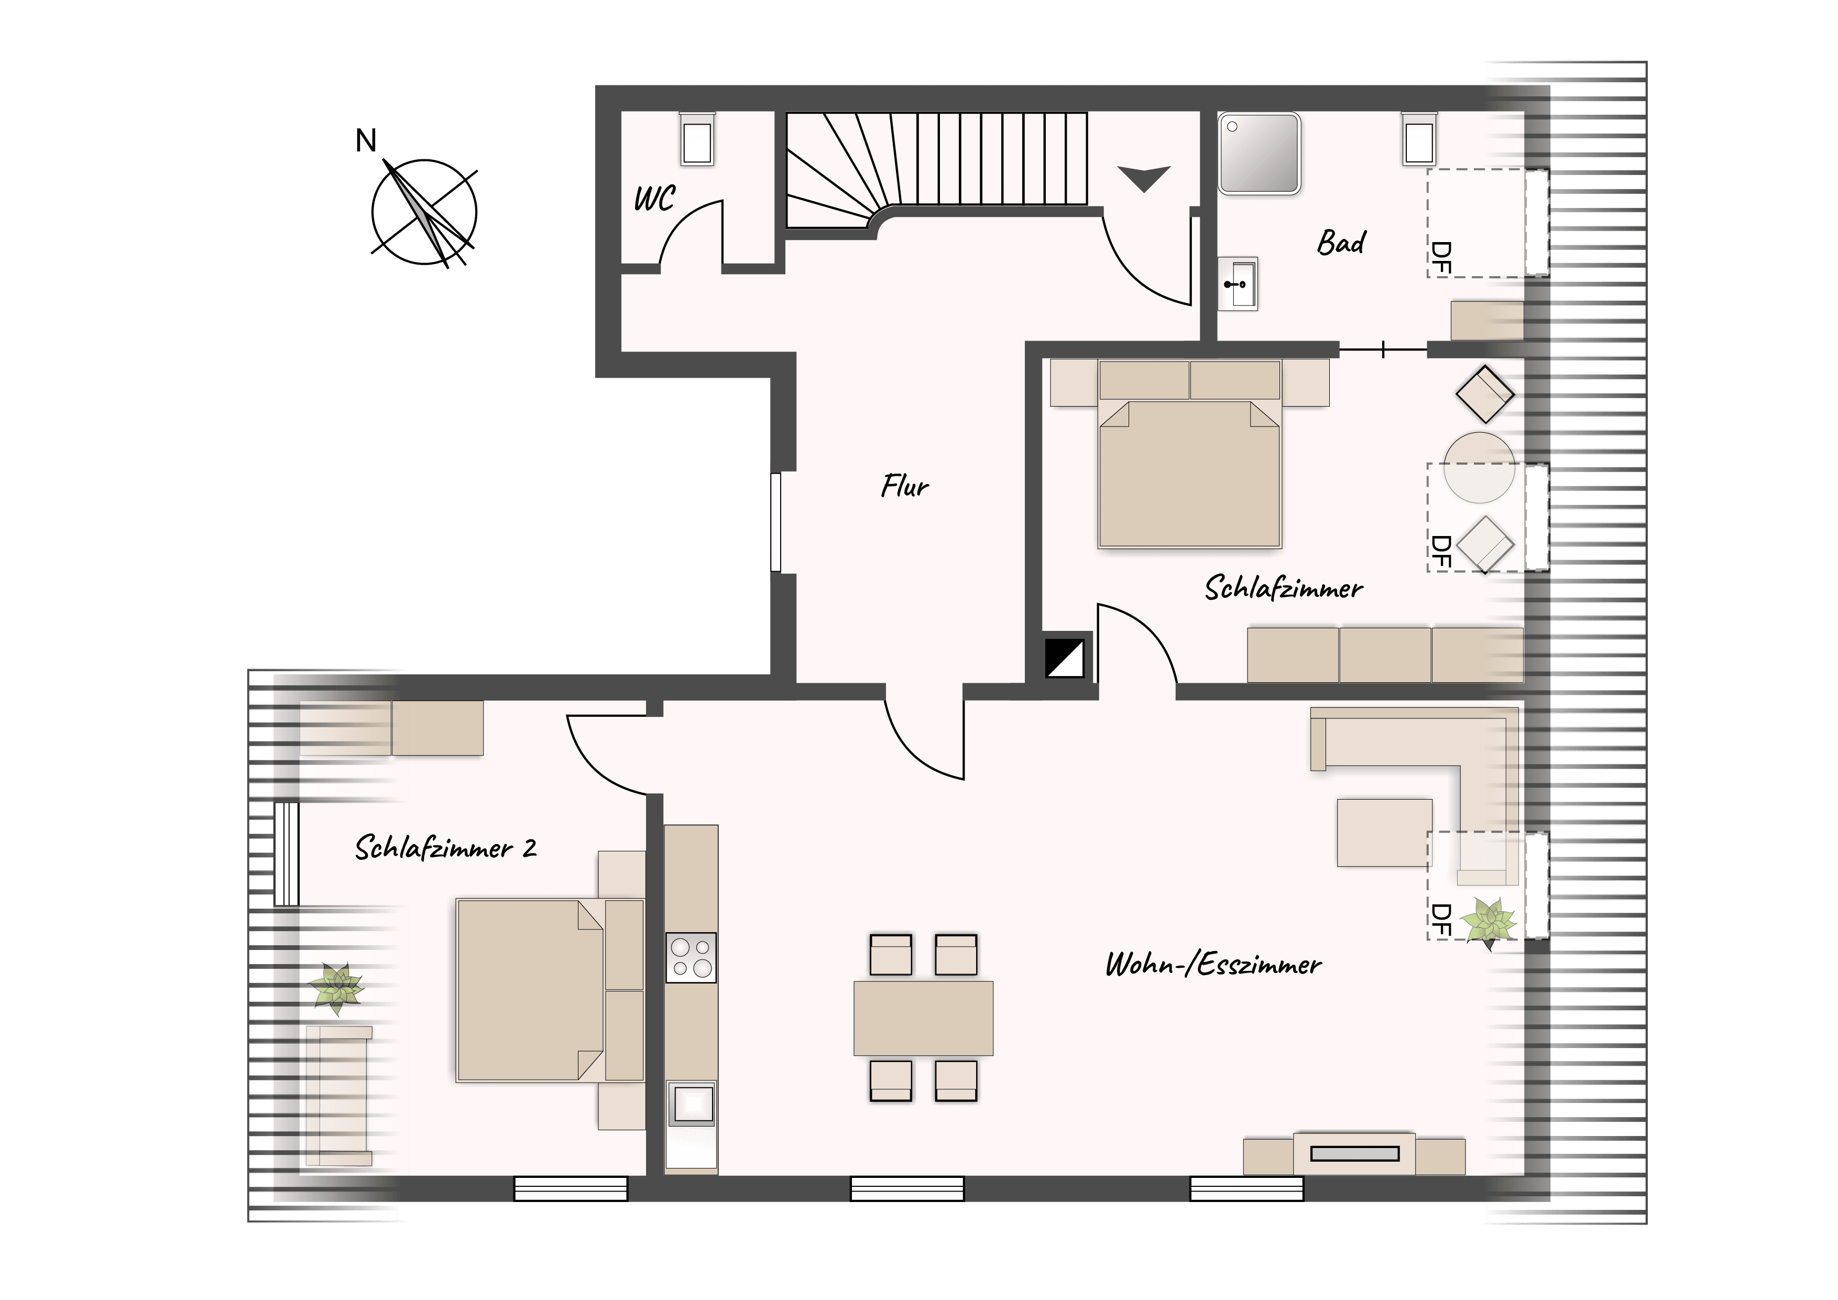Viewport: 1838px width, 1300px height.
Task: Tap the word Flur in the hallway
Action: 904,486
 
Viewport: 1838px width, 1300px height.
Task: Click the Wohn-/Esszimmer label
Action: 1213,965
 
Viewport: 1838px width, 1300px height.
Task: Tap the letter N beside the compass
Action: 366,141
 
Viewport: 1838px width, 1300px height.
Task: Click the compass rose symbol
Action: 424,213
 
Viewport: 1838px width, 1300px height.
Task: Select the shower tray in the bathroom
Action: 1259,153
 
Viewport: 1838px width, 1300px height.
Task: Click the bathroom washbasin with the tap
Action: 1238,283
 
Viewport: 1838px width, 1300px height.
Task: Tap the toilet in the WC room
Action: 697,139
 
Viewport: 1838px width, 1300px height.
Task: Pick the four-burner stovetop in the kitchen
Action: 692,957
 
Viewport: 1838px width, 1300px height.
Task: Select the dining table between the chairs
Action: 923,1018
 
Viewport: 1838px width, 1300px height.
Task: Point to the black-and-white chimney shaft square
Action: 1065,659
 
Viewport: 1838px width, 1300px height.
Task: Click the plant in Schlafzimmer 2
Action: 337,988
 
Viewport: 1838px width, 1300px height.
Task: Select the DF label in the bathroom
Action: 1440,258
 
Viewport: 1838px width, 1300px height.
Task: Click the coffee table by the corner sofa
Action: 1384,833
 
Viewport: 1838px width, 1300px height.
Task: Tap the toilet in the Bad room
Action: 1418,139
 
